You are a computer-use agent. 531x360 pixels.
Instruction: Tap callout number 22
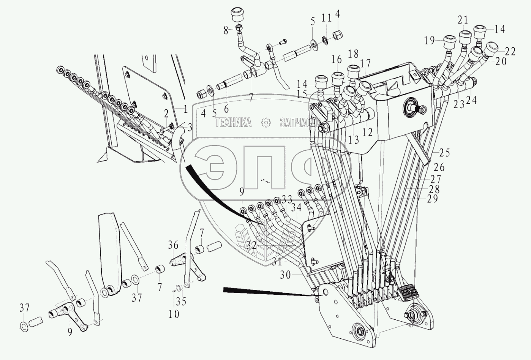point(510,52)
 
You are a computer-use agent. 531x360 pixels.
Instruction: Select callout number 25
point(444,153)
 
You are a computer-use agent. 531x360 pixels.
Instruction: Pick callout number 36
point(173,246)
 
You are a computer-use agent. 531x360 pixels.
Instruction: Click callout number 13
point(353,140)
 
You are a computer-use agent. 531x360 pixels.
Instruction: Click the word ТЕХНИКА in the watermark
point(233,122)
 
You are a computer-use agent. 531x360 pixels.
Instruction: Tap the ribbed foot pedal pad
point(407,294)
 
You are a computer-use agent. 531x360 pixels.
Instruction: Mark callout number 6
point(226,109)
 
